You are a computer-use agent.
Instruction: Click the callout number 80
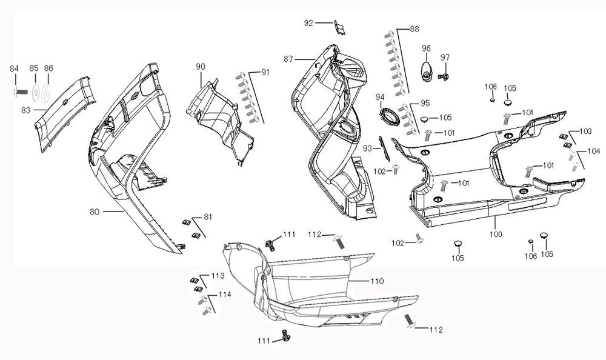click(95, 212)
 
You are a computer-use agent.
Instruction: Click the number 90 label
click(200, 66)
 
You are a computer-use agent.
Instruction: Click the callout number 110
click(377, 282)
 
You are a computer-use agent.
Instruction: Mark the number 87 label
click(289, 58)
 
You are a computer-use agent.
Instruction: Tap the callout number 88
click(414, 29)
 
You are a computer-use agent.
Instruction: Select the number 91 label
click(265, 72)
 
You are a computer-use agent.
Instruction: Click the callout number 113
click(218, 276)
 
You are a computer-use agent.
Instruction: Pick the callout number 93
click(367, 148)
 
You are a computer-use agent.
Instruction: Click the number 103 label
click(585, 132)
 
